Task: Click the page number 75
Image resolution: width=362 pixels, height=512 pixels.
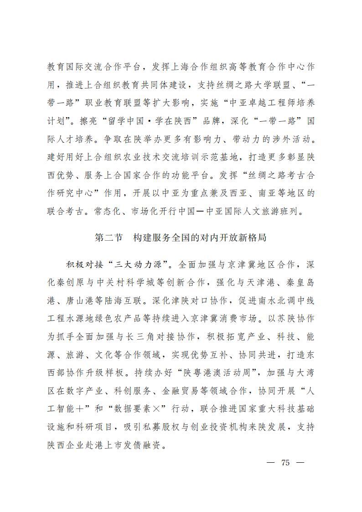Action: [x=286, y=463]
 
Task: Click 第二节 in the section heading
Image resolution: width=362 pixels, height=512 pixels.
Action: [x=109, y=238]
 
